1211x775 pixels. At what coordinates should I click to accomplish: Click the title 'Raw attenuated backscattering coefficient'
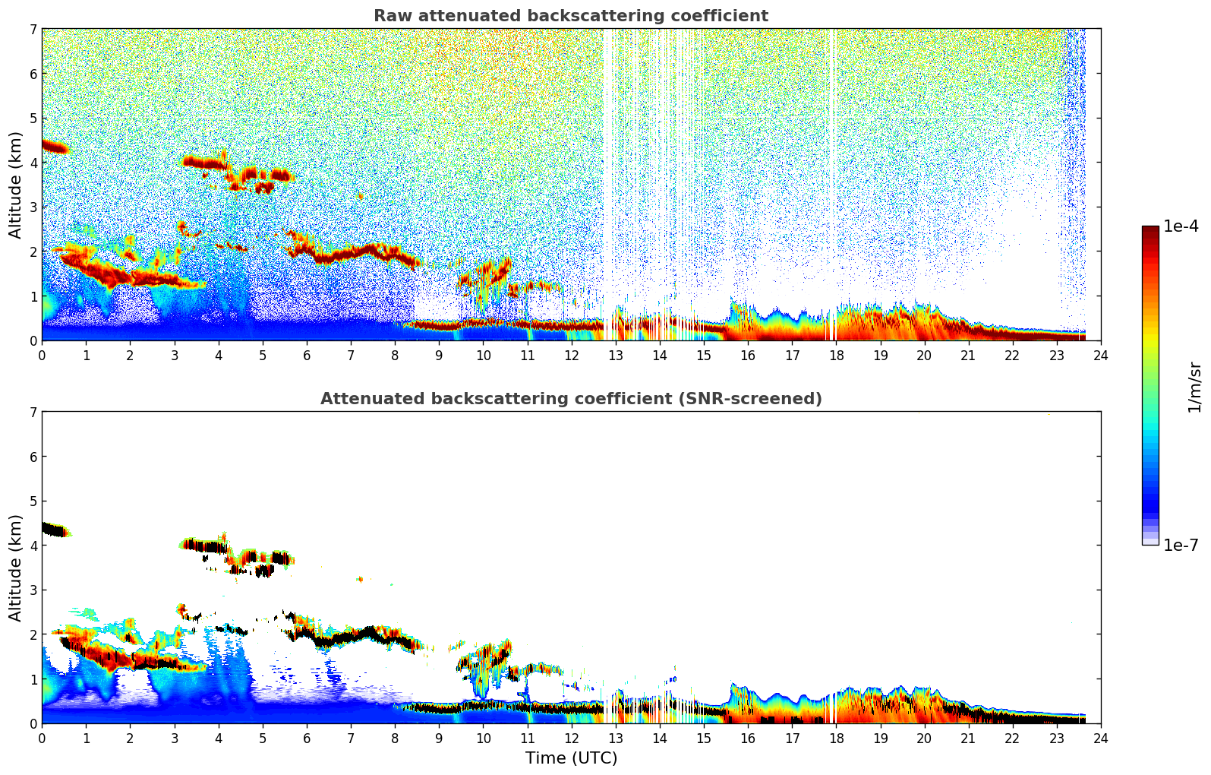(570, 16)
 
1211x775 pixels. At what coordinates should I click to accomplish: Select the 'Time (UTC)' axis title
(571, 758)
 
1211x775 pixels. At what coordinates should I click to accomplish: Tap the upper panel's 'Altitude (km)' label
(16, 185)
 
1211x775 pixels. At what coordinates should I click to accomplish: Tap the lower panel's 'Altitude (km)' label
(16, 568)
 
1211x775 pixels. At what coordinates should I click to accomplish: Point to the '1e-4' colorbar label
(1181, 226)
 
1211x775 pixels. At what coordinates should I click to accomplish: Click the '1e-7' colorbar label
(1181, 545)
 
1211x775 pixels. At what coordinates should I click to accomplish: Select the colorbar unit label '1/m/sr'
(1194, 387)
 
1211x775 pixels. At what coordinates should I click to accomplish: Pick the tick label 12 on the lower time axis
(571, 739)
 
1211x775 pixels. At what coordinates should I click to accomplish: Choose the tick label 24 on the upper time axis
(1101, 356)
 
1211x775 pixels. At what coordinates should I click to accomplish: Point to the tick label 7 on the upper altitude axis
(33, 29)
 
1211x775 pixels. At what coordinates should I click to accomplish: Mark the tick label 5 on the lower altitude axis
(33, 501)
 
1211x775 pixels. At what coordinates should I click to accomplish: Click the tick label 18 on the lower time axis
(836, 739)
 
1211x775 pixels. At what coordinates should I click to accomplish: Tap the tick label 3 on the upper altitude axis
(33, 207)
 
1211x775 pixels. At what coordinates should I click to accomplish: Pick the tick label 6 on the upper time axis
(307, 356)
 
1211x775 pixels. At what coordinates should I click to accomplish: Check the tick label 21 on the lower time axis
(968, 739)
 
